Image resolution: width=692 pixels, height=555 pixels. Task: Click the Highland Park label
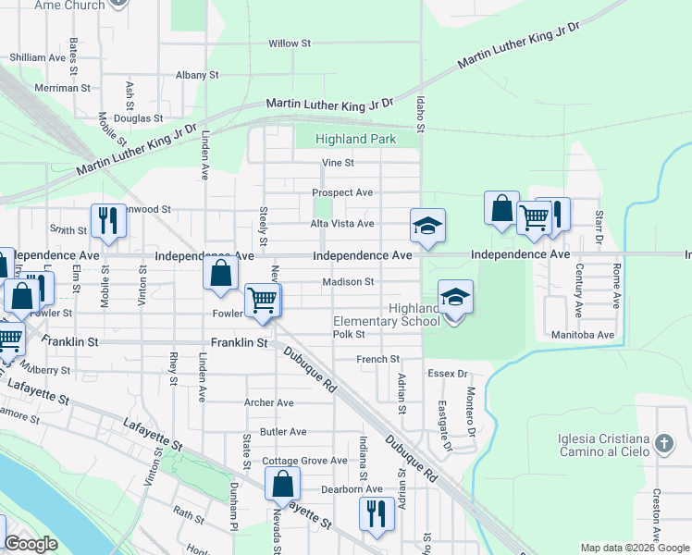[355, 140]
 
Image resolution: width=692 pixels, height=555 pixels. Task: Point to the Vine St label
[338, 163]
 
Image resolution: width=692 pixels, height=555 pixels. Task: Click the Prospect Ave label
[342, 192]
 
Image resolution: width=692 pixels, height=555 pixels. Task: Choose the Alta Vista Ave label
[342, 224]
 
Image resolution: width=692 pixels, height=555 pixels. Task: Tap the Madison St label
[348, 282]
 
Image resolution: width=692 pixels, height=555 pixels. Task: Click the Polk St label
[350, 335]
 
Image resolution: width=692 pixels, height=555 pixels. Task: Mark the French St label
[378, 359]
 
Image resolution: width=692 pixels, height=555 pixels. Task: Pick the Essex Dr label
[448, 375]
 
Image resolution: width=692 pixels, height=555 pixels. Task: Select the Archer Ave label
[268, 403]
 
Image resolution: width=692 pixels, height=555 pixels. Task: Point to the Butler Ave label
[283, 432]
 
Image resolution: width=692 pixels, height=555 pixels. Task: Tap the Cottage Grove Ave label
[304, 461]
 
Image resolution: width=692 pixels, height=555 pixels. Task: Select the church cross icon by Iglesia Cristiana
[663, 444]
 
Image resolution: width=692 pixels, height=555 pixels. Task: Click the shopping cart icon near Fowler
[263, 300]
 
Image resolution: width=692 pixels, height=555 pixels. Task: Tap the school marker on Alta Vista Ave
[427, 226]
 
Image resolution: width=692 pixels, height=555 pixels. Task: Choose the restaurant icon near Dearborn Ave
[377, 513]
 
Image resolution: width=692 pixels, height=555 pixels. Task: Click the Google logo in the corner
[31, 545]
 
